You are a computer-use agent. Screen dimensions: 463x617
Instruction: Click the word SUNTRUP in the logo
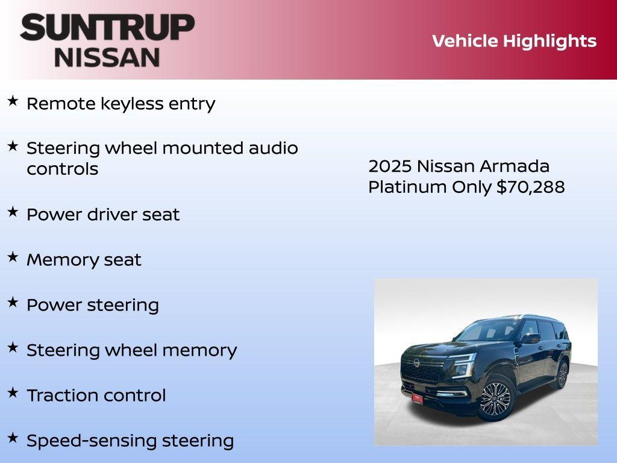(x=107, y=28)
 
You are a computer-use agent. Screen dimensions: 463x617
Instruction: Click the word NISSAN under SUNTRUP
(x=107, y=57)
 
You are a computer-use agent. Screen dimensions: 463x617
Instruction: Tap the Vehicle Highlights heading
(x=514, y=41)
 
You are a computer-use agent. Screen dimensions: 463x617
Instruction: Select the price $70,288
(x=531, y=187)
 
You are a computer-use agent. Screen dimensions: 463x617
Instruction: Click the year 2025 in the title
(x=390, y=166)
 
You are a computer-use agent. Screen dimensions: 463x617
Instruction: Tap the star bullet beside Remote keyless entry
(x=13, y=101)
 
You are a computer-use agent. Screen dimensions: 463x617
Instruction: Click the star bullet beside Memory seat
(x=13, y=257)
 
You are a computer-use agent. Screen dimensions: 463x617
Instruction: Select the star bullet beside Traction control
(x=13, y=393)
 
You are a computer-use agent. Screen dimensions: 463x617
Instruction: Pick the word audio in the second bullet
(x=274, y=148)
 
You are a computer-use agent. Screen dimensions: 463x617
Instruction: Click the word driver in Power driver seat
(x=112, y=215)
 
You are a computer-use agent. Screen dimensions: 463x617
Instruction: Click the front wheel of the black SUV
(x=496, y=399)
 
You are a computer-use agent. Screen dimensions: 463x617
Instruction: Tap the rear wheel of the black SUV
(x=562, y=375)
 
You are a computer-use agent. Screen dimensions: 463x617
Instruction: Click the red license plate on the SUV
(x=418, y=398)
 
